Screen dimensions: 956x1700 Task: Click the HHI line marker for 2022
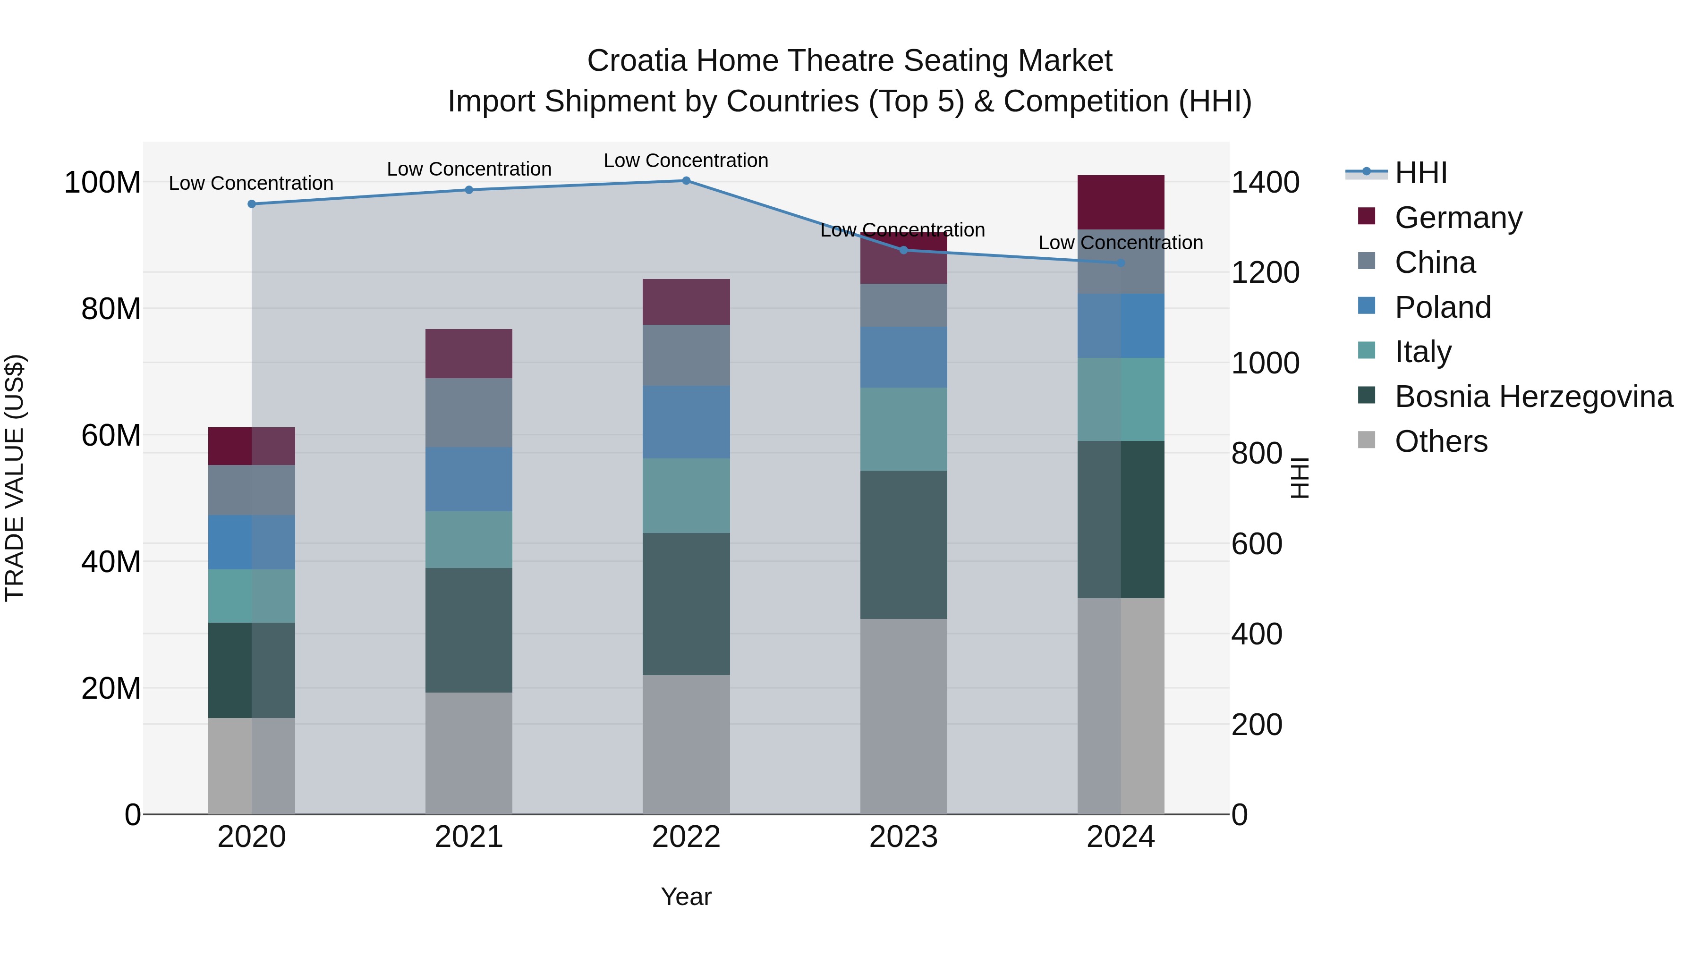(x=686, y=181)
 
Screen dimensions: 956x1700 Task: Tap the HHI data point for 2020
(x=251, y=204)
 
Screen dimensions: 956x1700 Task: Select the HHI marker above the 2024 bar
(x=1121, y=263)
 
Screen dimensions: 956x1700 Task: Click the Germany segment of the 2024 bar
(x=1121, y=203)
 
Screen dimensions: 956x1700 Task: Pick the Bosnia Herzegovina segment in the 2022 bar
(x=686, y=604)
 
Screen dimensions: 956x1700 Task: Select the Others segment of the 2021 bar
(x=468, y=753)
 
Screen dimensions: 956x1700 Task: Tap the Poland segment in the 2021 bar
(x=468, y=479)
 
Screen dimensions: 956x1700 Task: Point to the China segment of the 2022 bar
(x=686, y=355)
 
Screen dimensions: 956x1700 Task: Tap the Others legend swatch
(x=1367, y=440)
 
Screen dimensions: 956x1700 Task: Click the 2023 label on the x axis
(x=903, y=837)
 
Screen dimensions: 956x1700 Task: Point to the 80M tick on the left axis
(x=111, y=309)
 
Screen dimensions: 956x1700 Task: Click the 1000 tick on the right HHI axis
(x=1265, y=363)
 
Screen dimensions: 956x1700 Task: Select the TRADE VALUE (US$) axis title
(x=15, y=478)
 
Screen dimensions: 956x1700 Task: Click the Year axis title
(x=686, y=897)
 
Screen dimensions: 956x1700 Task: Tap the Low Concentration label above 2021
(x=468, y=169)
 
